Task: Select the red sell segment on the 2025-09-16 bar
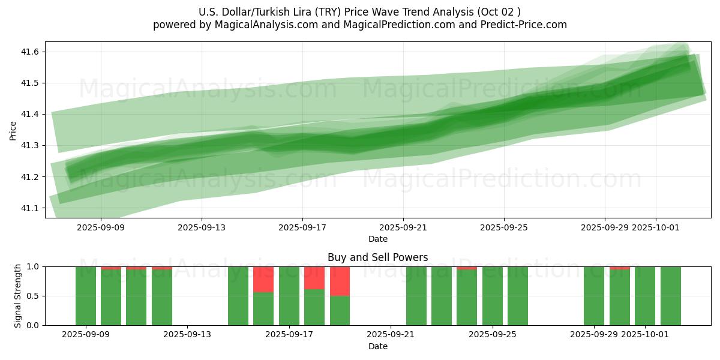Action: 263,279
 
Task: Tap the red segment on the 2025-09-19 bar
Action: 340,281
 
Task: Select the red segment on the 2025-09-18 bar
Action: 314,278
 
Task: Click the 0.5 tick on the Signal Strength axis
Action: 32,296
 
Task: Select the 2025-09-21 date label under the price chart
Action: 403,227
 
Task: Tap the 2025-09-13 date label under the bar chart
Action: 188,335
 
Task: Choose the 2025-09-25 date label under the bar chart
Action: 493,335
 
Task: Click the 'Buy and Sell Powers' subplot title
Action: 378,257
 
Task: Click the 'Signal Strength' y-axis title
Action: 18,296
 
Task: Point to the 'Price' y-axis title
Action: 13,130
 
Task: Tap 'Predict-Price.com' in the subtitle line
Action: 526,25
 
